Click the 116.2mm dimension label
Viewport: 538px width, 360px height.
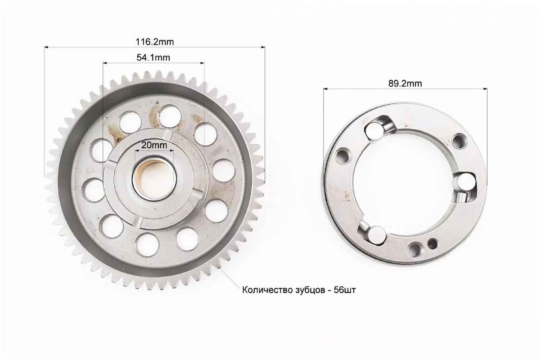click(x=155, y=42)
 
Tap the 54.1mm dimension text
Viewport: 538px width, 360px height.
click(x=153, y=58)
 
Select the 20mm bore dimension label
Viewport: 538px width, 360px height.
click(x=154, y=145)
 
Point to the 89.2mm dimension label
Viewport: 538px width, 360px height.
click(x=405, y=84)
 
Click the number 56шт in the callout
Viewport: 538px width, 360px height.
click(x=345, y=290)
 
